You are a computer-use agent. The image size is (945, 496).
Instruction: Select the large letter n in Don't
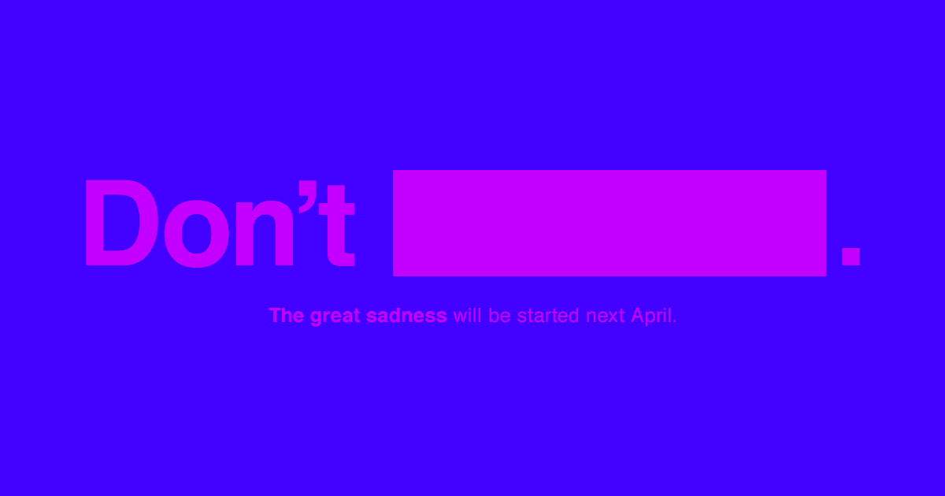[265, 234]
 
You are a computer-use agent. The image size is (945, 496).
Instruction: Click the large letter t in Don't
[337, 226]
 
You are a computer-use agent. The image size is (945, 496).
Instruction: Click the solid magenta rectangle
[610, 223]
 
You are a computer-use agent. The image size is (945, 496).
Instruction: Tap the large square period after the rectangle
[850, 257]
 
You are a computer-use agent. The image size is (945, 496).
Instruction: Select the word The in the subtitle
[286, 316]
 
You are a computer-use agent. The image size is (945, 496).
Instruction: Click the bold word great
[335, 316]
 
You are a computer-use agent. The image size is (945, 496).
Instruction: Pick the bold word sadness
[406, 316]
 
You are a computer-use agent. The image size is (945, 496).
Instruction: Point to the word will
[467, 315]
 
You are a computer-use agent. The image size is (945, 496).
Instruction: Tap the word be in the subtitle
[499, 315]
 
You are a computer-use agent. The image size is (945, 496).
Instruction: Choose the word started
[547, 316]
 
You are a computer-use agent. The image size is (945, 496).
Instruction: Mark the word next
[606, 316]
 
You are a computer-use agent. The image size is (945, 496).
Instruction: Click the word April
[651, 316]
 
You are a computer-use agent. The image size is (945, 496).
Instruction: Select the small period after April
[675, 322]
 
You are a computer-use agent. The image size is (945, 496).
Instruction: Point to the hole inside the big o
[197, 234]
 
